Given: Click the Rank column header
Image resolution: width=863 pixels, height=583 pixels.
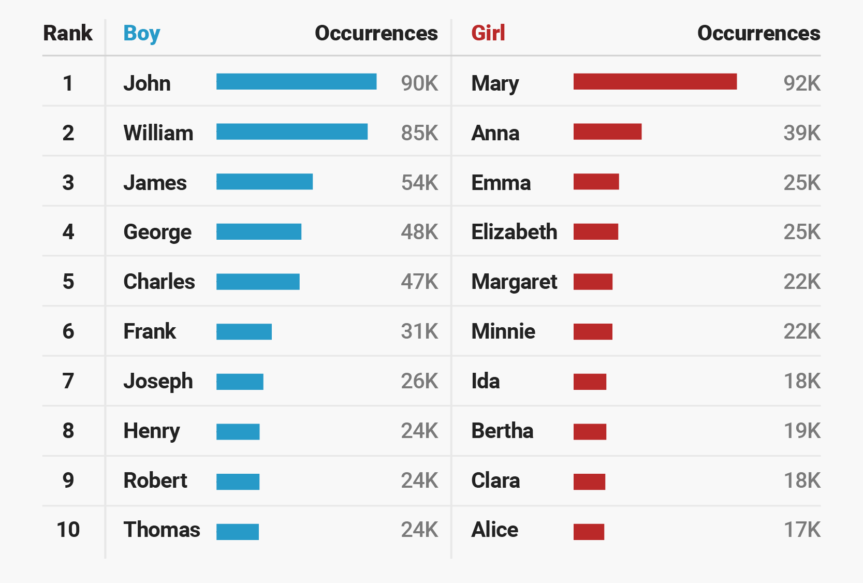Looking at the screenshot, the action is (x=67, y=33).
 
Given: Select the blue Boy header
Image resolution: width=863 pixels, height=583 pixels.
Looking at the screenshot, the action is (x=141, y=34).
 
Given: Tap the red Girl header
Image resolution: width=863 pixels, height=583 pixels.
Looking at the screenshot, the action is (x=488, y=33).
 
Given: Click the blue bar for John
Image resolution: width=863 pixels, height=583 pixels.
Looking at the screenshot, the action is (x=296, y=82).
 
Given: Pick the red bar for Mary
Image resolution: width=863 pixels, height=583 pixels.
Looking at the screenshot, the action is (x=655, y=82).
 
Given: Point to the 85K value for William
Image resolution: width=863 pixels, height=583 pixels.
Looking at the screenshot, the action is (x=419, y=133).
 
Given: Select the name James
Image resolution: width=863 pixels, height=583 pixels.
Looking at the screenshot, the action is (x=155, y=183).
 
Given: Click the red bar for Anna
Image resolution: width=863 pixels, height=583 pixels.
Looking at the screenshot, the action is (x=608, y=132).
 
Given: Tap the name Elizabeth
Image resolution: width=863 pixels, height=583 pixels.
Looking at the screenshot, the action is (x=515, y=232).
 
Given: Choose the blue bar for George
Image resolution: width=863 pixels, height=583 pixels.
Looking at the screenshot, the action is (x=259, y=232).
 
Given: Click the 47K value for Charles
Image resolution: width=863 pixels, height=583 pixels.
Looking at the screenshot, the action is (x=419, y=282).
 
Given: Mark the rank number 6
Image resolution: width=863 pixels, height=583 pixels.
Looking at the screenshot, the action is (x=68, y=331).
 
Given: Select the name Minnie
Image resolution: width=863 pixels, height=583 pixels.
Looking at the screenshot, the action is (x=503, y=331).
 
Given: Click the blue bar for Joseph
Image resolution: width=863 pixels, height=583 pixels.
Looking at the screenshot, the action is (x=240, y=382).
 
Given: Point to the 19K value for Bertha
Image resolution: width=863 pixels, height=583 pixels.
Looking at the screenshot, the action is (x=802, y=431).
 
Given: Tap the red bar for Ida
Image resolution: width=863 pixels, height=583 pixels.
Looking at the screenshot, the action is (x=590, y=382).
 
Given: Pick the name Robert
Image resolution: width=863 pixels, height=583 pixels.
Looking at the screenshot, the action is (x=155, y=480).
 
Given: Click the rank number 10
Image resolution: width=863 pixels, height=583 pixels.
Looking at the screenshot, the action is (x=68, y=530).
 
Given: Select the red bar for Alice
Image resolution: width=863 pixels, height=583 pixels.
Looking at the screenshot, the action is (x=589, y=532).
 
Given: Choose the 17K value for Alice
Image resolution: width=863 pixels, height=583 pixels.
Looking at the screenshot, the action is (x=802, y=530).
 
